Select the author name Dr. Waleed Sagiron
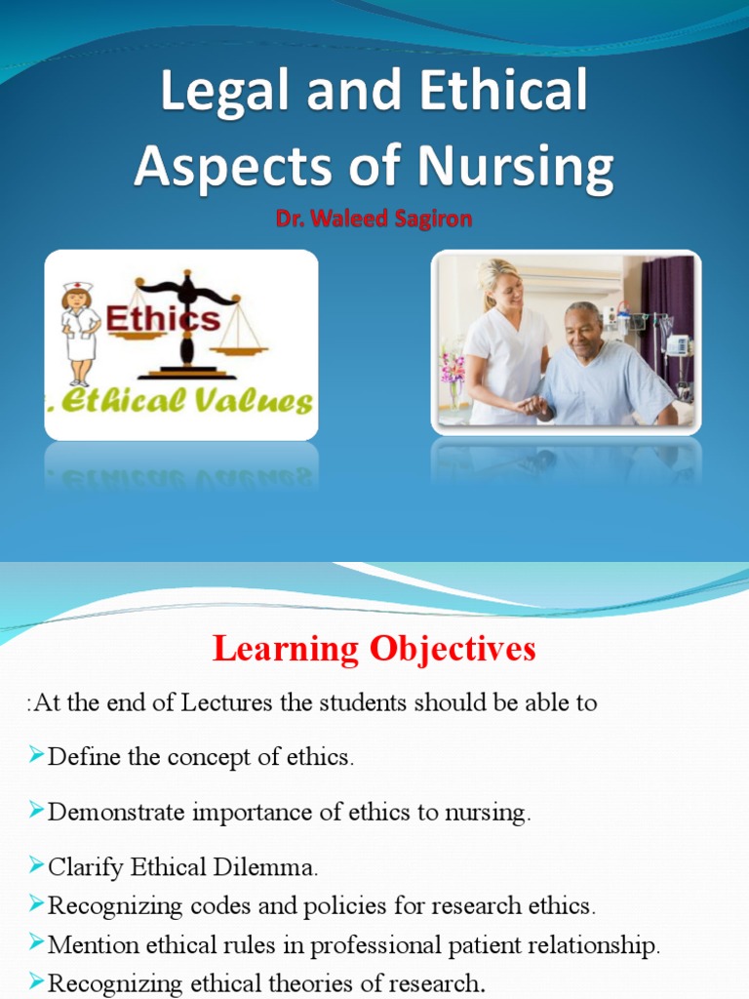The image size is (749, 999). [374, 220]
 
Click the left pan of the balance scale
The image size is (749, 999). [136, 335]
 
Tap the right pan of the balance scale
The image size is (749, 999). [240, 342]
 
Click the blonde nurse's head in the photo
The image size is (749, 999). [500, 283]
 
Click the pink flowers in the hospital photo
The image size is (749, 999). [452, 369]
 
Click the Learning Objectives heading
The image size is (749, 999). [374, 649]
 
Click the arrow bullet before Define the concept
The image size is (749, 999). [37, 756]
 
